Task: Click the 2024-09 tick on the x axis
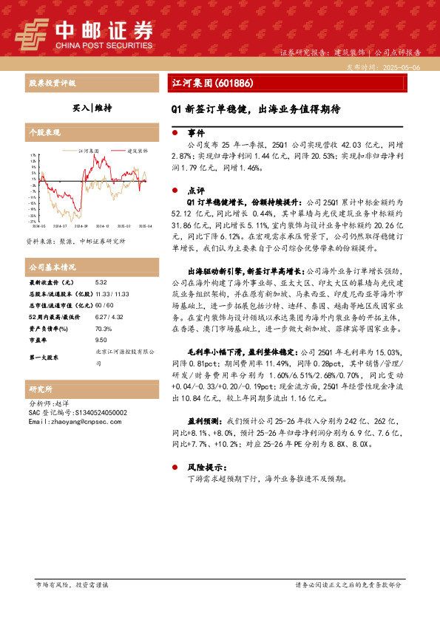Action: [81, 226]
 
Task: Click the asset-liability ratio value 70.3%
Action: [104, 329]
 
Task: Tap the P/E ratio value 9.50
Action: [102, 341]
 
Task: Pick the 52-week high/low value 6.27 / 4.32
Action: [109, 317]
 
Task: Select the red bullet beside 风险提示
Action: [174, 468]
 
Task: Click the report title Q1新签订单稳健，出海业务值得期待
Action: [256, 108]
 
